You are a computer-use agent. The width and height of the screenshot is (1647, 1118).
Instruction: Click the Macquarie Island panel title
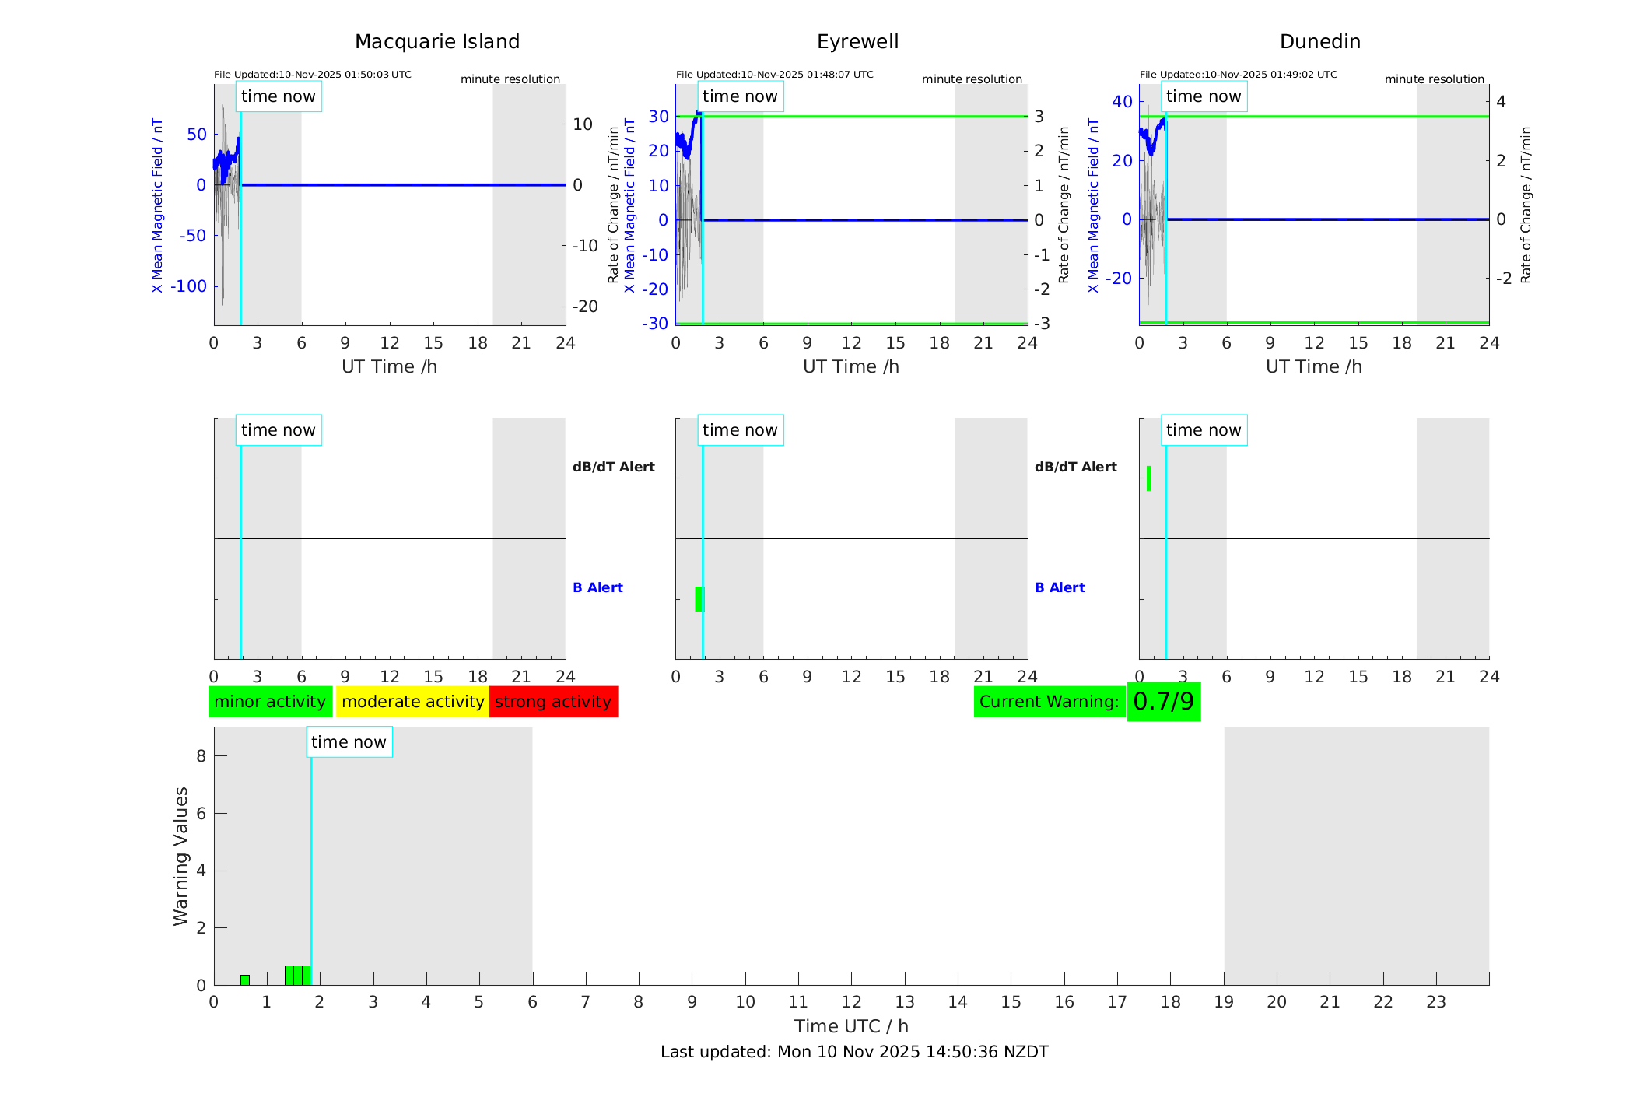pos(436,42)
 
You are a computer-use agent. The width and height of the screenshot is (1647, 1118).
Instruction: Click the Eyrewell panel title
pos(857,42)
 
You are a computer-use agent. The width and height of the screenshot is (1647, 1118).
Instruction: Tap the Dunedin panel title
pos(1319,42)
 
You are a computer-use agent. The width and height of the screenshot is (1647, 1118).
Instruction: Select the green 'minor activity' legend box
pos(270,702)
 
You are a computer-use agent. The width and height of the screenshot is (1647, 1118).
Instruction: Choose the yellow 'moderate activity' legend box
pos(412,702)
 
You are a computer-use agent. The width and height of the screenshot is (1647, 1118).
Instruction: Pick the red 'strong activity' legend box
pos(553,702)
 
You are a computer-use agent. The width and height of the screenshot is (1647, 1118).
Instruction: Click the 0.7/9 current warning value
pos(1163,702)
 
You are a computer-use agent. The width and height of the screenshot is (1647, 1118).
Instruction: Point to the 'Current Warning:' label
pos(1049,702)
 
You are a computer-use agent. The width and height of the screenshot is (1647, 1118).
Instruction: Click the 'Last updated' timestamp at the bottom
pos(854,1052)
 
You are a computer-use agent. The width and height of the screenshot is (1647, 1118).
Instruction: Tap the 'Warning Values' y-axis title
pos(181,856)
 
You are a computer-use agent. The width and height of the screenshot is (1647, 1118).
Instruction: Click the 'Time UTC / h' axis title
pos(851,1026)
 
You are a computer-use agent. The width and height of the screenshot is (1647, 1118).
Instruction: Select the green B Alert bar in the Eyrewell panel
pos(699,599)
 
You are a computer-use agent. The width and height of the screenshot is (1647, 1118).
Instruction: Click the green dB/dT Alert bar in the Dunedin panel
pos(1149,478)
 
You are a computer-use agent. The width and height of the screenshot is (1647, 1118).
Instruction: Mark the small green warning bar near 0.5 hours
pos(245,980)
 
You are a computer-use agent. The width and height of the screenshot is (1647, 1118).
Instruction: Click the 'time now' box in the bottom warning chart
pos(349,742)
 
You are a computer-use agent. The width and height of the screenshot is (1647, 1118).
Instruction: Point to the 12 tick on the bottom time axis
pos(851,1002)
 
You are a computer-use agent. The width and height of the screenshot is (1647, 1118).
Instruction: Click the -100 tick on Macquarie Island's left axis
pos(188,286)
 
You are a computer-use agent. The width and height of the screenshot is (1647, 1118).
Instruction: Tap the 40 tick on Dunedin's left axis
pos(1122,101)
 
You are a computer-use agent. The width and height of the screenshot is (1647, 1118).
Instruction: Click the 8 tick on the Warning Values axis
pos(201,756)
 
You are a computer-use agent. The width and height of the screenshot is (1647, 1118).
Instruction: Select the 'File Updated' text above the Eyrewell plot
pos(774,75)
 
